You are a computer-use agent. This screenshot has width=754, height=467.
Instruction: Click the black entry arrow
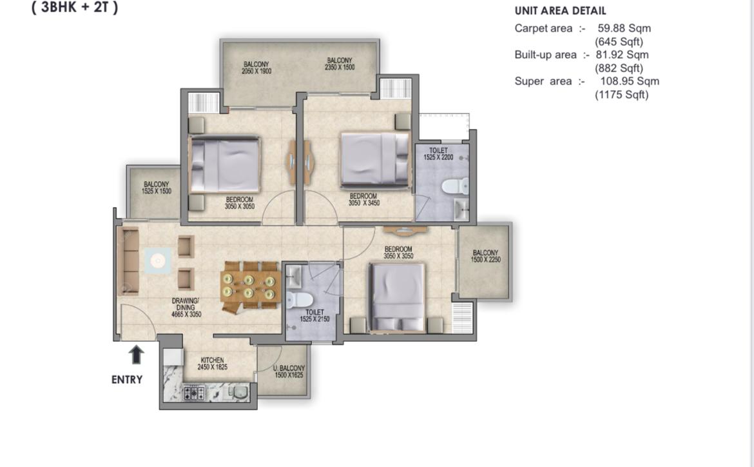[x=137, y=355]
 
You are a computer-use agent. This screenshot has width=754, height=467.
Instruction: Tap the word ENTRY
[x=127, y=380]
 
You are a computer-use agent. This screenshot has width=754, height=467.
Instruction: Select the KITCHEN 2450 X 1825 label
[x=213, y=364]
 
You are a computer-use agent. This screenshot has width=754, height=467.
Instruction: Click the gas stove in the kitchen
[x=194, y=393]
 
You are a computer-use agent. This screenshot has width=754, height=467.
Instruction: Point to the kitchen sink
[x=238, y=392]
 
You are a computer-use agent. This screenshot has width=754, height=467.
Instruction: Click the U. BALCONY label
[x=289, y=371]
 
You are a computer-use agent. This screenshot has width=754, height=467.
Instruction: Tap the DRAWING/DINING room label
[x=186, y=308]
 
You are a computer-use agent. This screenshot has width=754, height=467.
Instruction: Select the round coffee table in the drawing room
[x=158, y=261]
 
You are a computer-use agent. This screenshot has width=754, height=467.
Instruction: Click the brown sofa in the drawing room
[x=128, y=261]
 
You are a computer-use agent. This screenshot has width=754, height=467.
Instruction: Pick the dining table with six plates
[x=249, y=286]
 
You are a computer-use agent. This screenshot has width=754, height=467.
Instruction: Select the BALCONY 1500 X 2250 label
[x=486, y=256]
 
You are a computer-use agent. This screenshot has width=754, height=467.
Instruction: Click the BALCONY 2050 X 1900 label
[x=256, y=67]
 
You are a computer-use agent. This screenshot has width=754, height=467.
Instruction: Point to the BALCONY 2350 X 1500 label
[x=340, y=64]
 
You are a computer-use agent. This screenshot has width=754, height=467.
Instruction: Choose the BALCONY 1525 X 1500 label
[x=157, y=188]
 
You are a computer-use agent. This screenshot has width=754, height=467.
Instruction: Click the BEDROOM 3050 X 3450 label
[x=363, y=199]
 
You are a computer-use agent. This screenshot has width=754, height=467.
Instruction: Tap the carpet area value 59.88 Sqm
[x=624, y=28]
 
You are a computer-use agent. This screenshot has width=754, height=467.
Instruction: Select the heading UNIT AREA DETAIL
[x=560, y=10]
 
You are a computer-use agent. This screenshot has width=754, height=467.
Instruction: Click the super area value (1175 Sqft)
[x=622, y=95]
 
